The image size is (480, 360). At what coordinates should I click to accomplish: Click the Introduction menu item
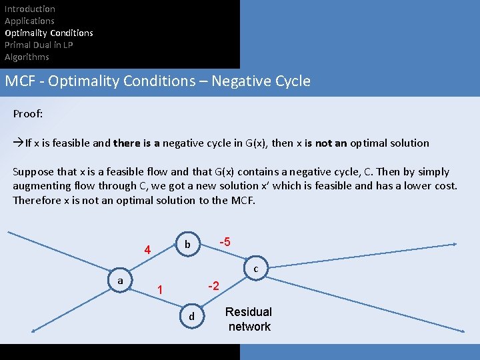coord(30,9)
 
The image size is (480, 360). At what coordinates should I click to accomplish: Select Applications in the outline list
coord(29,21)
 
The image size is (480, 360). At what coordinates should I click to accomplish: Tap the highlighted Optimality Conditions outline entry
coord(49,33)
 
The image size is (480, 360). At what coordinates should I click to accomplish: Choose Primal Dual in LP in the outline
coord(39,45)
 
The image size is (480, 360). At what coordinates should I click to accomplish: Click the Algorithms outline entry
coord(27,57)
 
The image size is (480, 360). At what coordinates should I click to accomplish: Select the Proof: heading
coord(28,114)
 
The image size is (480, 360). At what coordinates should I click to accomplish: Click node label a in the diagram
coord(120,281)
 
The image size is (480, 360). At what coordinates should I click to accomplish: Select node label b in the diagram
coord(187,245)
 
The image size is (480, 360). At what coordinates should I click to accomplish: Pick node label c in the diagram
coord(256,269)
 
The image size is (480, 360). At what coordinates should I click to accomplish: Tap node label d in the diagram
coord(192,316)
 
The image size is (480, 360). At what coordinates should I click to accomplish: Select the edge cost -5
coord(225,242)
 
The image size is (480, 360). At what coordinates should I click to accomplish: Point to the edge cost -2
coord(213,286)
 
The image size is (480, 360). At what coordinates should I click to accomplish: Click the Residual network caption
coord(249,319)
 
